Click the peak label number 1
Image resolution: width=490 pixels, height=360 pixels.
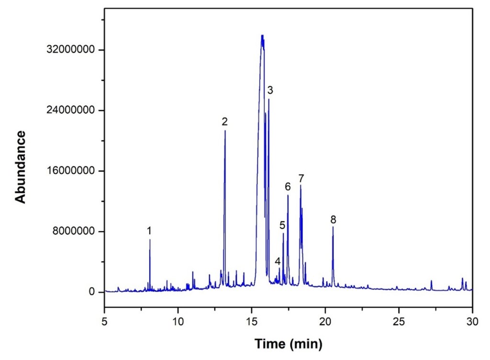[x=149, y=231]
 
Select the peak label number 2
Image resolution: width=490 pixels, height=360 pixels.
[x=224, y=122]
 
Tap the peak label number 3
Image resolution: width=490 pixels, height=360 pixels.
[x=270, y=90]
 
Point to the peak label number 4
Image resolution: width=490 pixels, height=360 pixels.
[x=278, y=261]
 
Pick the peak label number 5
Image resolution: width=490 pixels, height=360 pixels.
[x=282, y=225]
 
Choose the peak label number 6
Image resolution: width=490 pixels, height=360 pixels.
[x=288, y=186]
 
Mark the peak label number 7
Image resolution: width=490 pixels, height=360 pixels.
[x=301, y=178]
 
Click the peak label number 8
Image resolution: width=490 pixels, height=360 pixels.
[x=333, y=220]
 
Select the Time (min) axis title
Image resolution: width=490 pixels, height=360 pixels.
[x=288, y=343]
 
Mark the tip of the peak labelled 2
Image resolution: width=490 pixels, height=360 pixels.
[x=225, y=131]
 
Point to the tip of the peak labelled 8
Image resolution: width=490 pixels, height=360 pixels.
[x=333, y=227]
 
